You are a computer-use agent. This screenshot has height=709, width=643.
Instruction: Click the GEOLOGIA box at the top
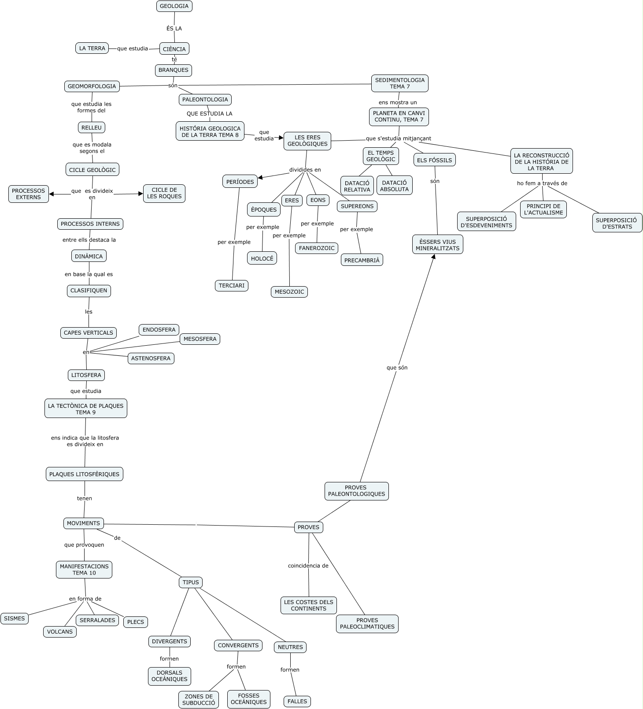point(174,6)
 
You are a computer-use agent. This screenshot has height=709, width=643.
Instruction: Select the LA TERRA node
point(92,48)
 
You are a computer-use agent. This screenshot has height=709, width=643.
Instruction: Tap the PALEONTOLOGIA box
point(205,99)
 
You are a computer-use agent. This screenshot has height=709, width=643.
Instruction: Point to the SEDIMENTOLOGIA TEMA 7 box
point(400,83)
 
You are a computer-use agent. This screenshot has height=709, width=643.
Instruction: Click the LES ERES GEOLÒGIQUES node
point(307,141)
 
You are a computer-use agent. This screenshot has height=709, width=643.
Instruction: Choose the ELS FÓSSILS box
point(434,160)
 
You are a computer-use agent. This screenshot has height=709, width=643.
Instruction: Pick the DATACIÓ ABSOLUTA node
point(394,186)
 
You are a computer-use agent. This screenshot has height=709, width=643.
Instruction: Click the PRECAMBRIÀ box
point(362,260)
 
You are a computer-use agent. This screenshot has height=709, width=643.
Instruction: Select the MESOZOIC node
point(289,291)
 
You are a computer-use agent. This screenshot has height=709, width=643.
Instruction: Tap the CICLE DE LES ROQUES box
point(164,193)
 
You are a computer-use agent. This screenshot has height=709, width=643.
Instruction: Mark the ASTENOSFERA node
point(151,358)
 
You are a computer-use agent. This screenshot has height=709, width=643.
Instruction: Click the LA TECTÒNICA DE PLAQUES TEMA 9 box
point(86,409)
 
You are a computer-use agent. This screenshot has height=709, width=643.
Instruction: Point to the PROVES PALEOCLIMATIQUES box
point(367,623)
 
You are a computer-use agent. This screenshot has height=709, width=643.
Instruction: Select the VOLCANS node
point(60,631)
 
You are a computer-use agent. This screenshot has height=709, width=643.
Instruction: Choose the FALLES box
point(297,701)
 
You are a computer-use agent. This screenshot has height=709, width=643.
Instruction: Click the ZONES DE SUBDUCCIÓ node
point(199,700)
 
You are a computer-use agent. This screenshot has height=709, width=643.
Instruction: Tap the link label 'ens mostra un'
point(398,102)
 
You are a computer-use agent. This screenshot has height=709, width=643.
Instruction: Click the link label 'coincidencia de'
point(308,566)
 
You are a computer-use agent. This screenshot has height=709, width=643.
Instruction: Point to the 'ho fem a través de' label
point(542,183)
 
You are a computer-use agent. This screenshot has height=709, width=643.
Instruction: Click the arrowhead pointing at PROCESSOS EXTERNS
point(52,194)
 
